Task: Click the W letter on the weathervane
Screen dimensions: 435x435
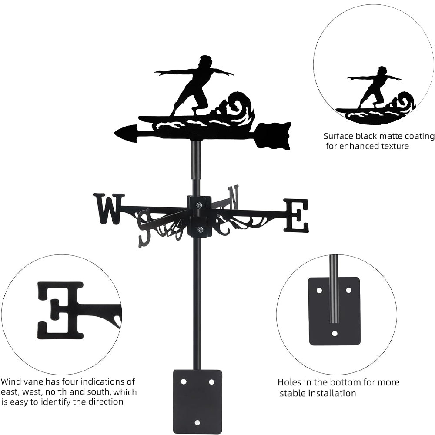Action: pyautogui.click(x=109, y=208)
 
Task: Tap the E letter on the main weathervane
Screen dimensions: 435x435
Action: pyautogui.click(x=296, y=215)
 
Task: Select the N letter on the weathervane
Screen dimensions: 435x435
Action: pyautogui.click(x=234, y=197)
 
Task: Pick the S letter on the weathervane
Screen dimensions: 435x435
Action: pyautogui.click(x=144, y=226)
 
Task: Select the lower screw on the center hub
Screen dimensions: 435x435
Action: pyautogui.click(x=200, y=230)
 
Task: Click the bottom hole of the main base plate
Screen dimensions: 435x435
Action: pyautogui.click(x=197, y=422)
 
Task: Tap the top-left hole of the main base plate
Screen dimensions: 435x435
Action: pyautogui.click(x=183, y=382)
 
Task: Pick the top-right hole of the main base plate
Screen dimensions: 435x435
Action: pyautogui.click(x=211, y=382)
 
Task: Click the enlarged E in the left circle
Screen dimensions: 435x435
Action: pyautogui.click(x=60, y=310)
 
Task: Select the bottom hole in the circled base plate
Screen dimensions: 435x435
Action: pyautogui.click(x=334, y=334)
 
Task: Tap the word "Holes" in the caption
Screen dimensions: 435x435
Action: pyautogui.click(x=290, y=383)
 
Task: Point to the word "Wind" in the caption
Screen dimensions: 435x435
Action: pyautogui.click(x=11, y=382)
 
